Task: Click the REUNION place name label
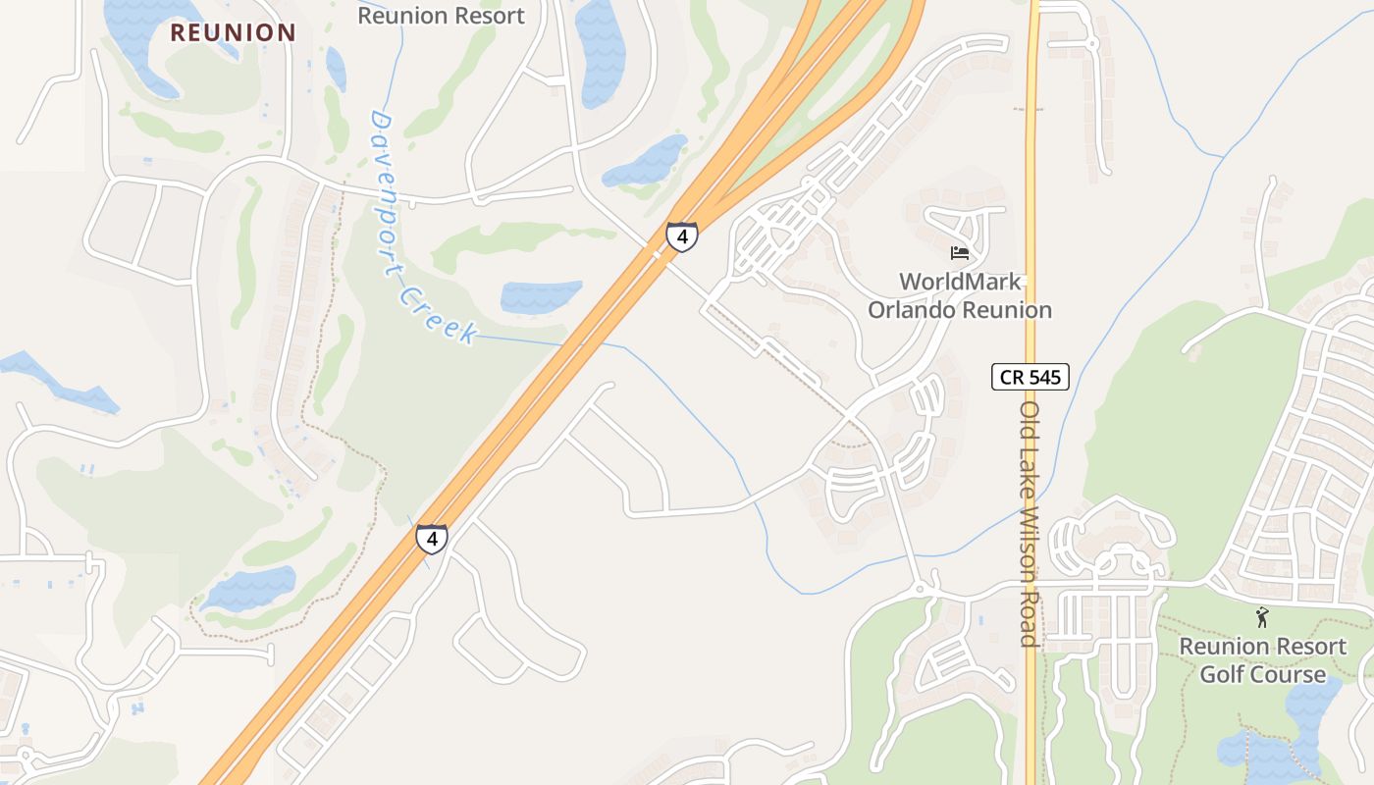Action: pyautogui.click(x=233, y=32)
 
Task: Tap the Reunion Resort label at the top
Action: pyautogui.click(x=441, y=16)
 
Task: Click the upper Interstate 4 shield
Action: pyautogui.click(x=682, y=236)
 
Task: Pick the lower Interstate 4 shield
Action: pyautogui.click(x=431, y=539)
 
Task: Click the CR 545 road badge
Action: pyautogui.click(x=1030, y=376)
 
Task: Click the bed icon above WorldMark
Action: pyautogui.click(x=960, y=253)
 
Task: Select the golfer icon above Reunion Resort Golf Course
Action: pyautogui.click(x=1262, y=617)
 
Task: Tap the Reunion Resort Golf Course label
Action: pyautogui.click(x=1262, y=660)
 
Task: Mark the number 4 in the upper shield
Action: pyautogui.click(x=682, y=236)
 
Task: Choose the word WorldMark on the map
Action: pyautogui.click(x=960, y=283)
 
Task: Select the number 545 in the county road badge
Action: pyautogui.click(x=1042, y=376)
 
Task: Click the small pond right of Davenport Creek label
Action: pyautogui.click(x=541, y=296)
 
